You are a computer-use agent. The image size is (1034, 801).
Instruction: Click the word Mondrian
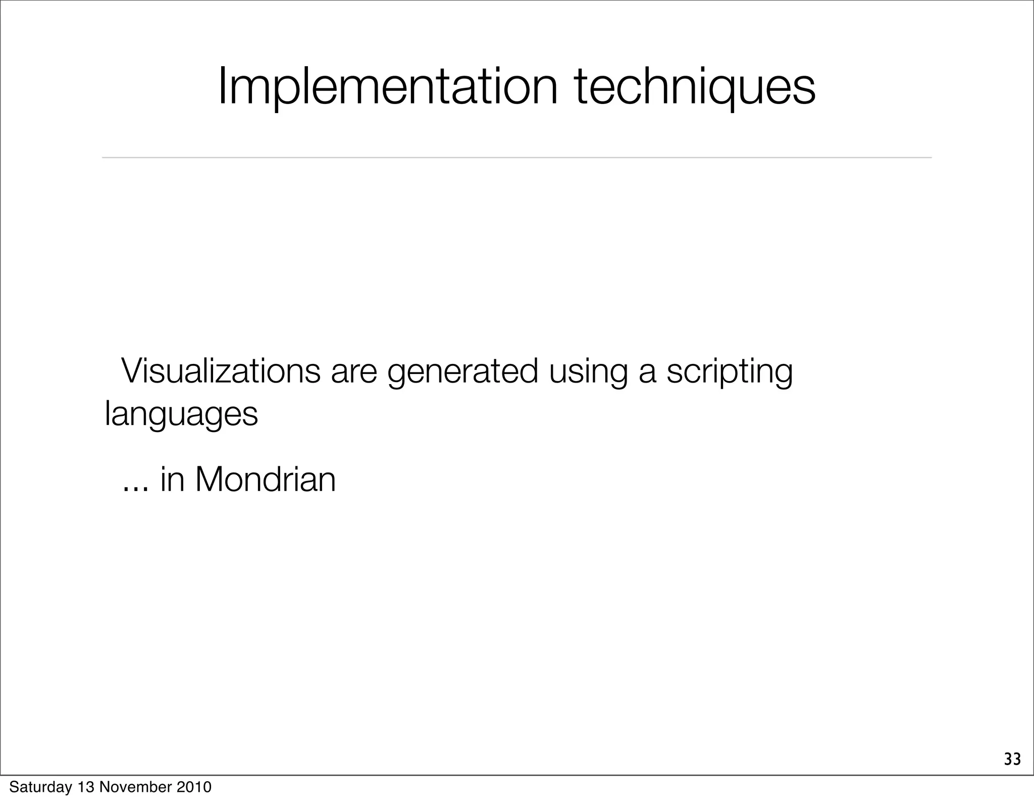pyautogui.click(x=266, y=479)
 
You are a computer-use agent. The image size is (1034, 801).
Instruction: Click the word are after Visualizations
pyautogui.click(x=353, y=371)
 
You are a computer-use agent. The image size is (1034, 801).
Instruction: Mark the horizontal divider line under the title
pyautogui.click(x=516, y=158)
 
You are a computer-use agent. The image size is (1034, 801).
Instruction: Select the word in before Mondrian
pyautogui.click(x=173, y=479)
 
